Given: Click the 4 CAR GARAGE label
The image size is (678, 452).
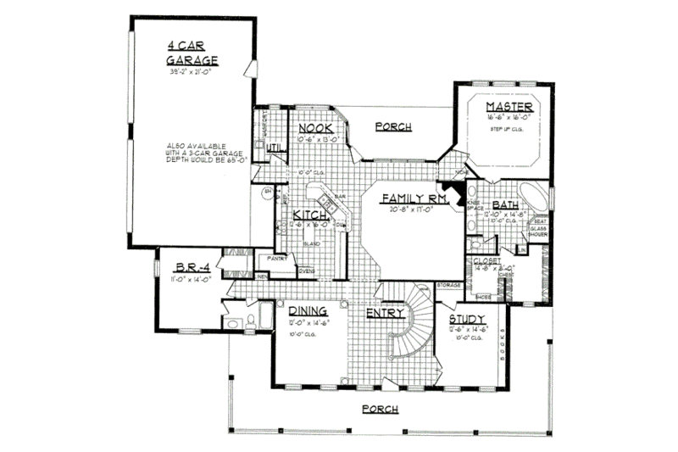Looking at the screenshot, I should (192, 53).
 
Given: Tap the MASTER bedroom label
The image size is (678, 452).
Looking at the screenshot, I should (508, 107).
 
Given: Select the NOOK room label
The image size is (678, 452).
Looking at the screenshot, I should (314, 128).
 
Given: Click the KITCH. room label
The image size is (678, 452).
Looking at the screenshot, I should (310, 216).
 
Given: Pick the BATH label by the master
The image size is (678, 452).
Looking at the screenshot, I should (506, 204).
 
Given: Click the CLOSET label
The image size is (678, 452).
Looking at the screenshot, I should (486, 260).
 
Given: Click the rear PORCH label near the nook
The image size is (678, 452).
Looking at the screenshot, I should (393, 127).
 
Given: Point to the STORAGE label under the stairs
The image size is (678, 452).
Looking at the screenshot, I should (448, 286).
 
